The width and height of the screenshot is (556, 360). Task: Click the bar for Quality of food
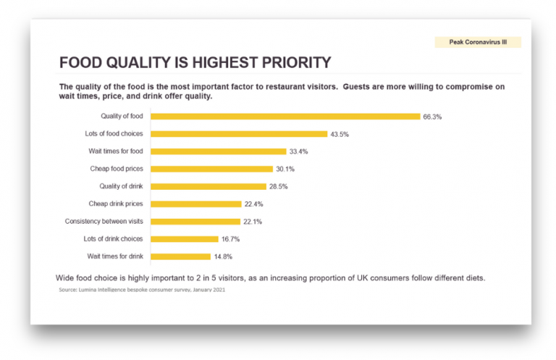point(285,116)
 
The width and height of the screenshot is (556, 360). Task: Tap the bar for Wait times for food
point(218,151)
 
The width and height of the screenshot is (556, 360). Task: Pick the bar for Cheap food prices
point(211,169)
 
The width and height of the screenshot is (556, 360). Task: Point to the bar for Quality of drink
point(208,186)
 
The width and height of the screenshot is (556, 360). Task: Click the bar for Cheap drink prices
point(195,204)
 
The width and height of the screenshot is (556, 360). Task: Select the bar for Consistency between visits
point(195,222)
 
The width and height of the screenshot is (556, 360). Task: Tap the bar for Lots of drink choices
point(184,239)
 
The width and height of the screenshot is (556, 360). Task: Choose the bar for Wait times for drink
point(180,256)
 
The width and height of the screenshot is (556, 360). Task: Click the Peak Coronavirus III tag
point(477,43)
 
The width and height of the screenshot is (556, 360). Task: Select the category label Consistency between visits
point(104,222)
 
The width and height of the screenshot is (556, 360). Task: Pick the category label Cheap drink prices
point(116,204)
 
